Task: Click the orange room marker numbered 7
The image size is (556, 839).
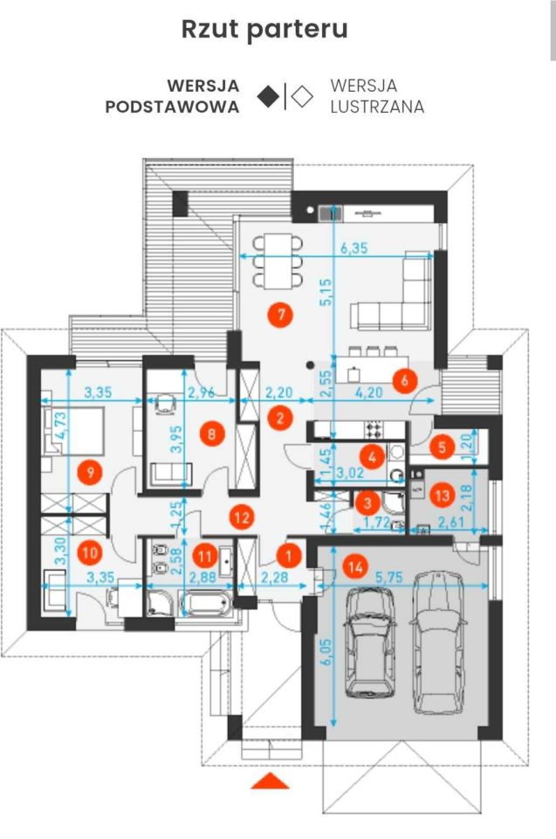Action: pyautogui.click(x=281, y=314)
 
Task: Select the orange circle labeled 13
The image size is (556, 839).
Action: pyautogui.click(x=443, y=495)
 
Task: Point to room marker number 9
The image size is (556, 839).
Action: pyautogui.click(x=91, y=472)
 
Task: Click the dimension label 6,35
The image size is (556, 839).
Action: pyautogui.click(x=354, y=248)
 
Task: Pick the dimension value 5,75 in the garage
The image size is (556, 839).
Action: pyautogui.click(x=389, y=578)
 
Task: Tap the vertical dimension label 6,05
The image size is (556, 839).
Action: pyautogui.click(x=326, y=652)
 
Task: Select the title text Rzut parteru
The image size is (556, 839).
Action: pyautogui.click(x=264, y=30)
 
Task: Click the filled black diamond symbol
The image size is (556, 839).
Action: pyautogui.click(x=268, y=97)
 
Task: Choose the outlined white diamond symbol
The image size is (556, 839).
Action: pyautogui.click(x=302, y=97)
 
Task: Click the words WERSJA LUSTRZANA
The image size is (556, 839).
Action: pyautogui.click(x=377, y=96)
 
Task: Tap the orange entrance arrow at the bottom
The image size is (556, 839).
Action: pyautogui.click(x=270, y=780)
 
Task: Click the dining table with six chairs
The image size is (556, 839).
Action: pyautogui.click(x=278, y=260)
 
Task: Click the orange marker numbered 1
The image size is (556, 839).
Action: pyautogui.click(x=289, y=556)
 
